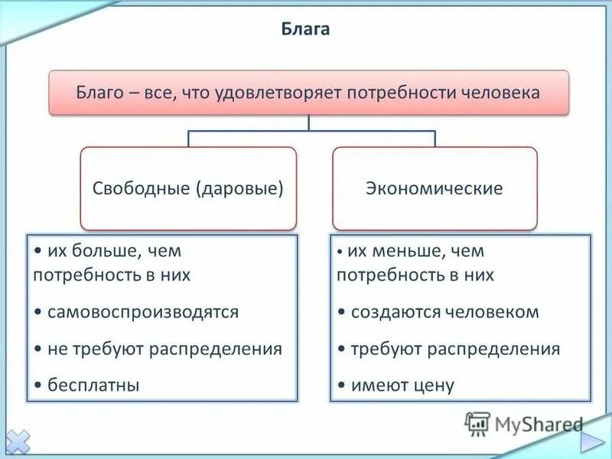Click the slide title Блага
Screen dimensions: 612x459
point(306,30)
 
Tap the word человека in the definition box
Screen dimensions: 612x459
point(502,93)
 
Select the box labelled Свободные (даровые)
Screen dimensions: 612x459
point(188,188)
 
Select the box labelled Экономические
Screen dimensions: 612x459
point(434,188)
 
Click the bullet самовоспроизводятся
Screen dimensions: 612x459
point(142,312)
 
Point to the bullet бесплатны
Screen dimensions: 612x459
point(93,386)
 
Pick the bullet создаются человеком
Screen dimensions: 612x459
point(444,312)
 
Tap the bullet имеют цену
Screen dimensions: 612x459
point(402,386)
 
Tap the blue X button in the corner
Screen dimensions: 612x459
point(17,441)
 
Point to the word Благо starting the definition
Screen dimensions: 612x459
point(98,93)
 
